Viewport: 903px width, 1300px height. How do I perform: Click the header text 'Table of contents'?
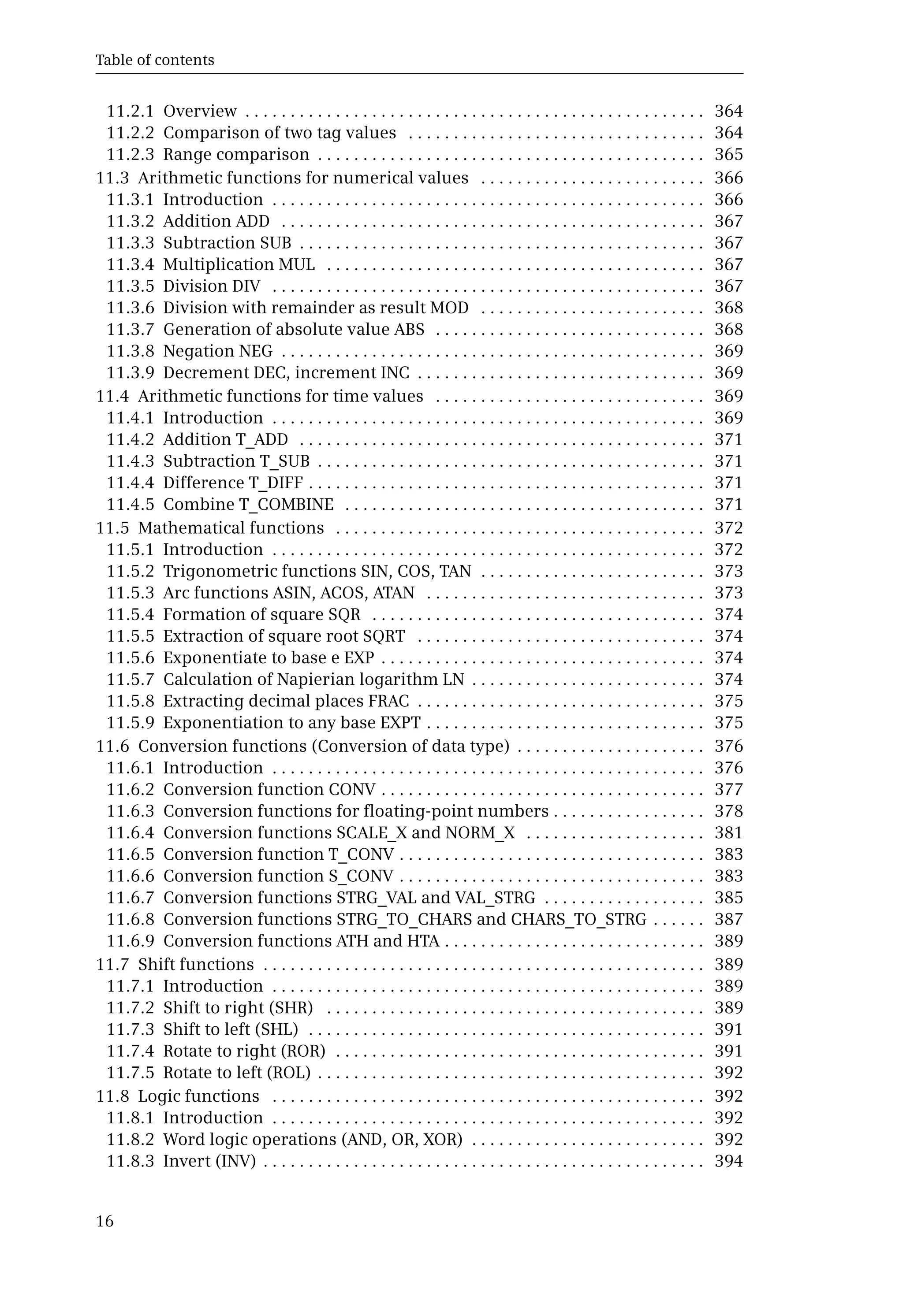point(154,60)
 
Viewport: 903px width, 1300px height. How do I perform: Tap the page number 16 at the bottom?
point(104,1222)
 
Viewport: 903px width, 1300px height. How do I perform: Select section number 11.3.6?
point(130,308)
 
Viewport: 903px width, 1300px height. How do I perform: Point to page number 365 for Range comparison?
point(728,154)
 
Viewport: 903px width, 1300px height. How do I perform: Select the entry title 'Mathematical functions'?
point(231,528)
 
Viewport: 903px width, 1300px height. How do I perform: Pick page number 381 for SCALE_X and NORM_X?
point(728,833)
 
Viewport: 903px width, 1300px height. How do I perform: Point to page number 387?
point(728,919)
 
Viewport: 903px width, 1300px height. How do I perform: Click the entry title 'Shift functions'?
point(196,965)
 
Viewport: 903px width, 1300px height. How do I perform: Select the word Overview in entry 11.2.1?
point(200,111)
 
